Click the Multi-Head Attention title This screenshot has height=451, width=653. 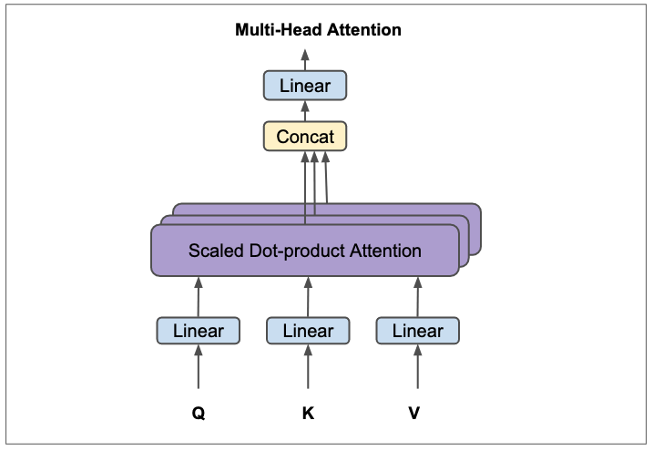pos(318,30)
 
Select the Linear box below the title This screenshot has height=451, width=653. pos(305,87)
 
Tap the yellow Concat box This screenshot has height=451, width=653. pos(305,138)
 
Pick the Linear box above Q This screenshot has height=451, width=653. pos(198,331)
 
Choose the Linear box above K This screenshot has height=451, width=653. pos(308,331)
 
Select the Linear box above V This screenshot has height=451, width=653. pos(418,331)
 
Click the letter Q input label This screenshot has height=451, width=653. pos(198,413)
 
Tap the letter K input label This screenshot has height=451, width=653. pos(308,413)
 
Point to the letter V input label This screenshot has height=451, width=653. pos(414,413)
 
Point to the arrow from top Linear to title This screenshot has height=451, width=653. pos(305,59)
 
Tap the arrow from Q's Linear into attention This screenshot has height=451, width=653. pos(198,296)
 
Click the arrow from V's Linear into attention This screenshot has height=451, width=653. pos(418,296)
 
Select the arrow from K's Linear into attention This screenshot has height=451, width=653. pos(308,296)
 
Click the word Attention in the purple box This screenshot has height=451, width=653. pos(386,251)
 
